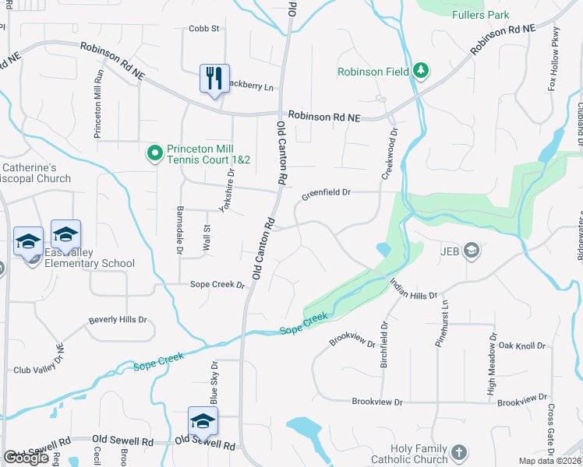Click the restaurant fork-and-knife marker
tap(214, 78)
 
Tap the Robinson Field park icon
tap(421, 72)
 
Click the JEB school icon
tap(471, 250)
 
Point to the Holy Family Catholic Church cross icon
tap(459, 452)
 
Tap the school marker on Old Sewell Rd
tap(203, 421)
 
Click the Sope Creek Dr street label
tap(218, 285)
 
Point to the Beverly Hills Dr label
tap(118, 320)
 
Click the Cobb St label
tap(204, 29)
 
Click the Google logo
tap(26, 458)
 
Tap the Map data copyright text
tap(550, 461)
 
